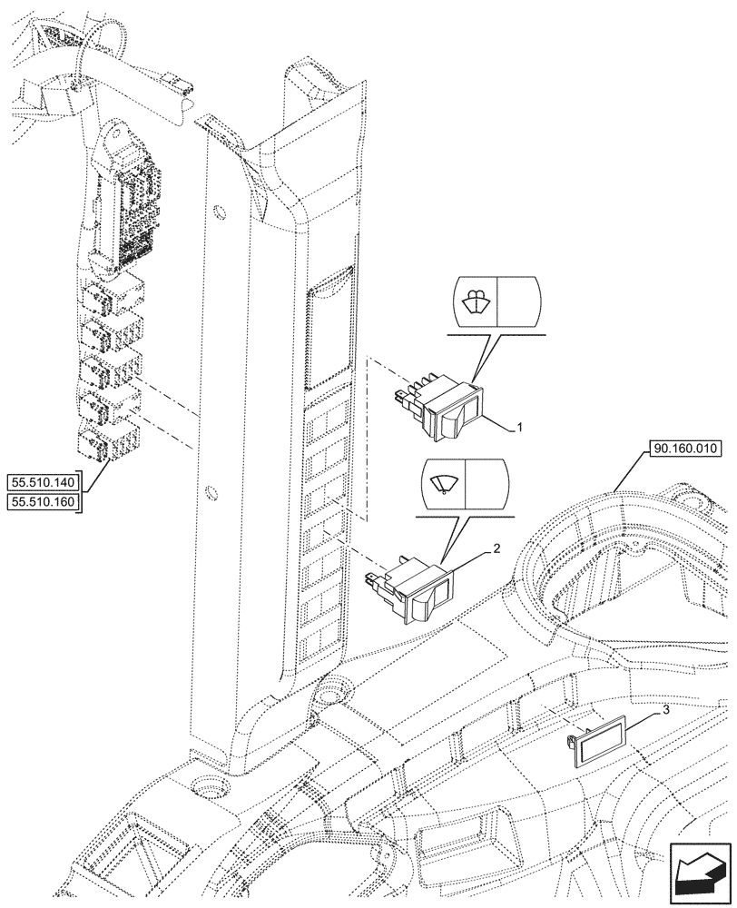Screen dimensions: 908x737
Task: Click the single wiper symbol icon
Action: (445, 482)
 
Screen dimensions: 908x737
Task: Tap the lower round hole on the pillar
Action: (211, 494)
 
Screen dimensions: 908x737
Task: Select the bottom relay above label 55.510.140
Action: (107, 442)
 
